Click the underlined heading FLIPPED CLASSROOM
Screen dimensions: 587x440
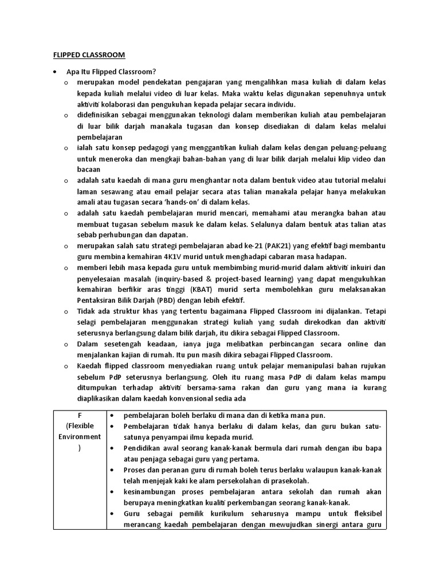coord(85,55)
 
